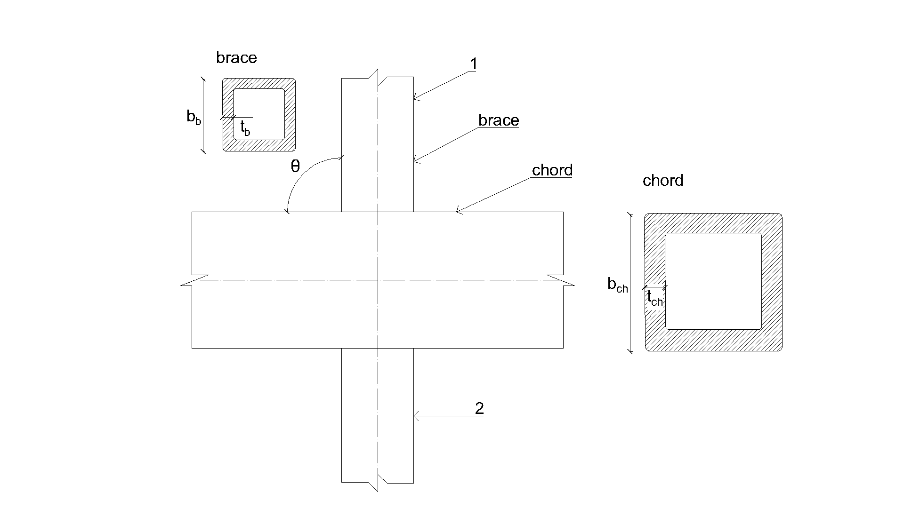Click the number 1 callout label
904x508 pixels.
[x=474, y=64]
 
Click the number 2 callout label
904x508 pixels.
[x=479, y=408]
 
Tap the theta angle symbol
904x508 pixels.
[x=295, y=166]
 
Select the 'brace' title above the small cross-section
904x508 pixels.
[x=236, y=58]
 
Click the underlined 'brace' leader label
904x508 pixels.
[x=499, y=120]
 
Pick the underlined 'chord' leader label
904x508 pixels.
[x=552, y=170]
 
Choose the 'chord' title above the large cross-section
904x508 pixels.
[x=663, y=181]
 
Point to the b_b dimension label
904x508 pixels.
[x=194, y=117]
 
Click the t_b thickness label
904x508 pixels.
[x=245, y=128]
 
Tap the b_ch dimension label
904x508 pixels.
[x=617, y=285]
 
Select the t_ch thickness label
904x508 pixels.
[x=655, y=298]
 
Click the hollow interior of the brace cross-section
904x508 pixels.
[x=259, y=114]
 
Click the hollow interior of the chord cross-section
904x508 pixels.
[x=713, y=281]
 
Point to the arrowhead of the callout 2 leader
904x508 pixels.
[x=415, y=416]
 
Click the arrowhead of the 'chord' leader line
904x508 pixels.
[x=457, y=212]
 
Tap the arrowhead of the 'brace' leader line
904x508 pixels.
[x=415, y=162]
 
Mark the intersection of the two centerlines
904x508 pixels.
[x=378, y=280]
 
